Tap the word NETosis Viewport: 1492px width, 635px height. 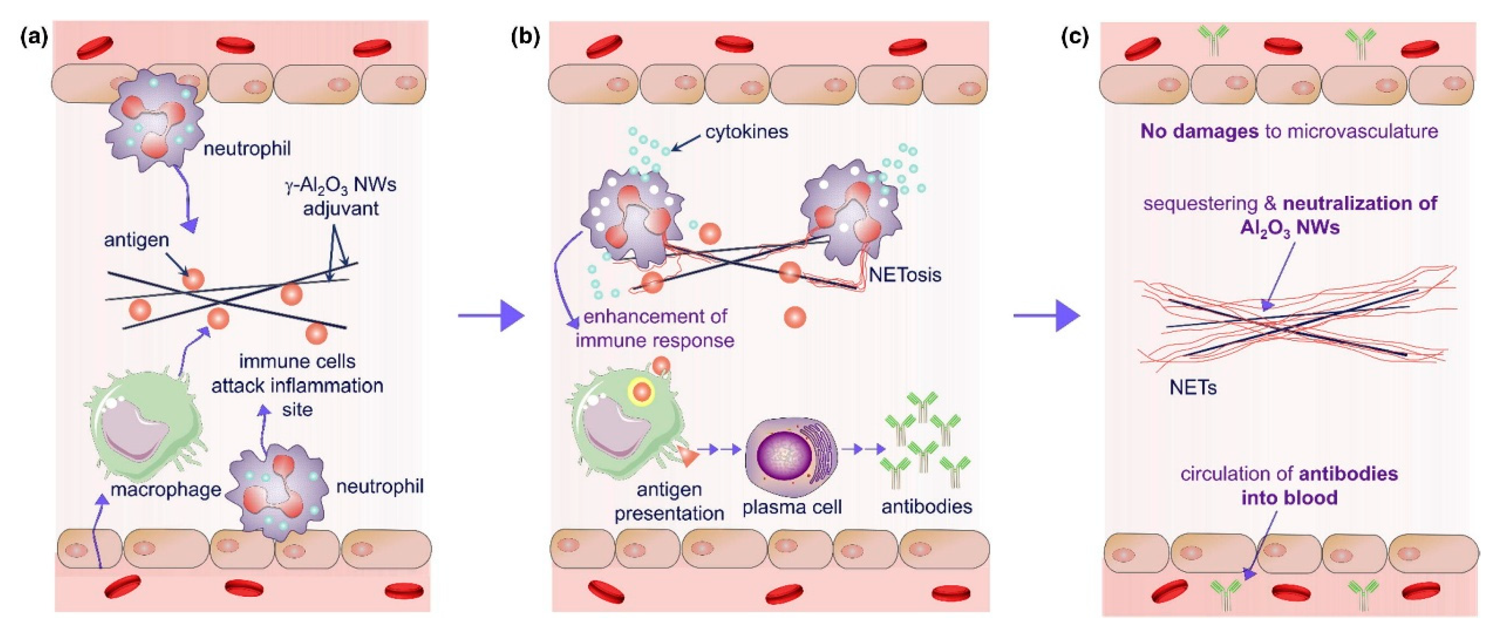[x=905, y=274]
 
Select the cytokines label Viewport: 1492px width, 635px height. [x=747, y=132]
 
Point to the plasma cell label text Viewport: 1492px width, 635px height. [x=792, y=507]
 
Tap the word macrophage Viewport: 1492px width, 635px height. [x=166, y=490]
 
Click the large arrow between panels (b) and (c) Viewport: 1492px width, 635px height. [x=1047, y=315]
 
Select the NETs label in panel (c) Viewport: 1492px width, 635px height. [x=1193, y=387]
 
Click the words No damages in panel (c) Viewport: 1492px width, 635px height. [x=1199, y=131]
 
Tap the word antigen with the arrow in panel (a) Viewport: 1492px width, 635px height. [x=136, y=240]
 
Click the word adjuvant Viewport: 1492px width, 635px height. [x=341, y=208]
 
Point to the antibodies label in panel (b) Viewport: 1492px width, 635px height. [x=926, y=506]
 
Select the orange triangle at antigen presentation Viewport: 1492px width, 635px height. [x=689, y=456]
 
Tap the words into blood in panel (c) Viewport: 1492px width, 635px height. [x=1289, y=498]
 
